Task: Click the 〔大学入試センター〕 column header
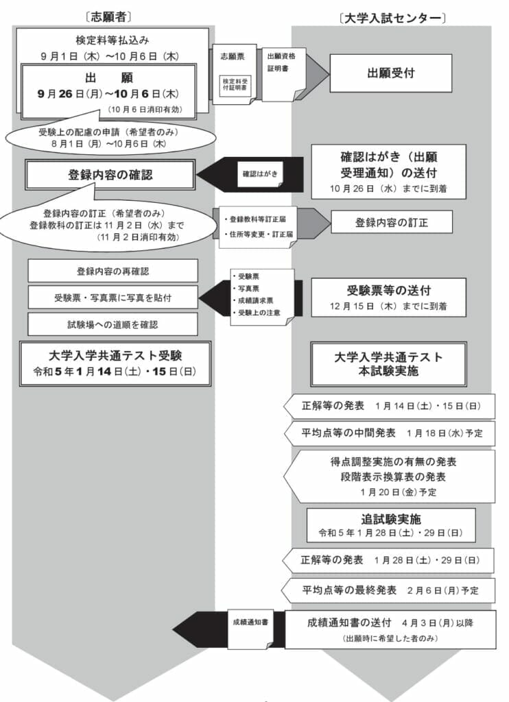[392, 17]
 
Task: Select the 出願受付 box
[390, 73]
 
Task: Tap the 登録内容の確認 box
[110, 175]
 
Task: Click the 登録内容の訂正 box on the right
[392, 222]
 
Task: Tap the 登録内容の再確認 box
[113, 271]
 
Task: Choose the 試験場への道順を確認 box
[113, 324]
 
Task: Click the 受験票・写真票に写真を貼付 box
[113, 298]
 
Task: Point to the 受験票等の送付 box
[388, 297]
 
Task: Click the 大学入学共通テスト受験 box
[115, 363]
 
